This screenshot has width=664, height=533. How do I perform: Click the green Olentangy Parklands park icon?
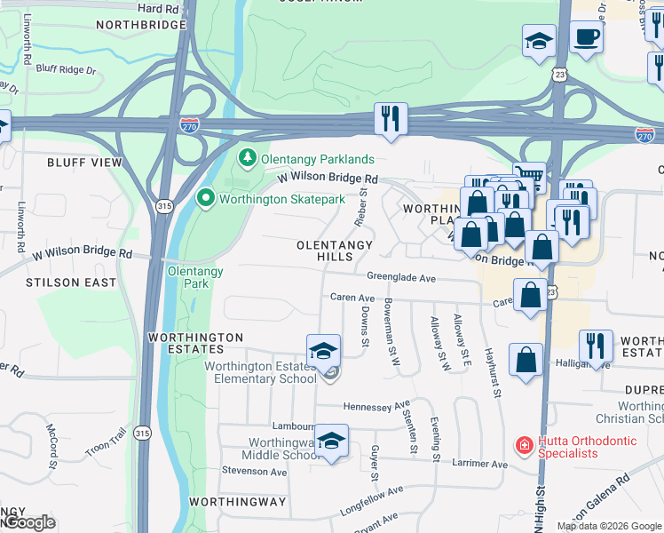click(247, 159)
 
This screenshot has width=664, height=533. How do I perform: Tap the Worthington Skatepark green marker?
click(206, 198)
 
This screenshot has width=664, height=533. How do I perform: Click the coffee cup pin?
click(586, 37)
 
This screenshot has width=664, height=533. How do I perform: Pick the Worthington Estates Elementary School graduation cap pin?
click(324, 349)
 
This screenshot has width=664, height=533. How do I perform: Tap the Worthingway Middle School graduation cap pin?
click(331, 440)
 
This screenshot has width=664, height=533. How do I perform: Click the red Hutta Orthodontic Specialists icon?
click(526, 445)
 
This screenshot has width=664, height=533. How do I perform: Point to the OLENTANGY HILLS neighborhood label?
click(335, 250)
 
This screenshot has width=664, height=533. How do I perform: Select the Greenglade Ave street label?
click(402, 278)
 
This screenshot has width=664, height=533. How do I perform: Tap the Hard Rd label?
click(159, 7)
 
